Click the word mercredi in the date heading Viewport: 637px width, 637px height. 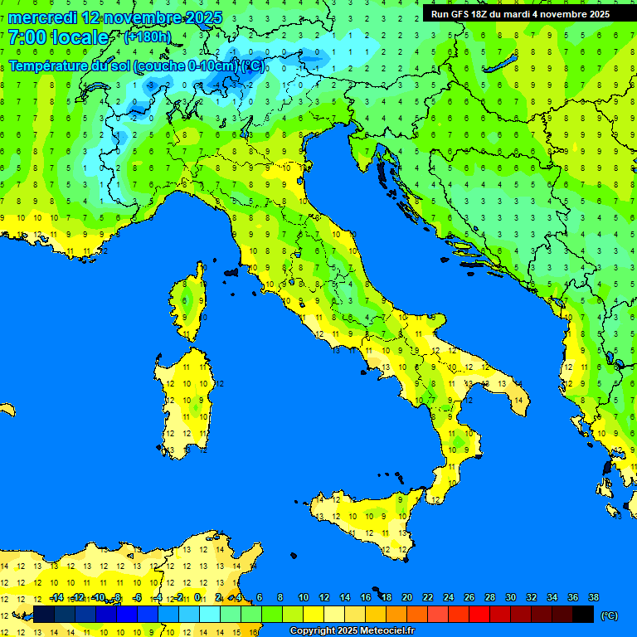click(41, 17)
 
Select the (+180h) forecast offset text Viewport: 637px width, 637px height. click(147, 36)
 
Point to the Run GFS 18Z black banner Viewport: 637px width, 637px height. click(520, 14)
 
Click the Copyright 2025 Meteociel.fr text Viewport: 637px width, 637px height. click(351, 630)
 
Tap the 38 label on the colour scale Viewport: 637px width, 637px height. click(593, 597)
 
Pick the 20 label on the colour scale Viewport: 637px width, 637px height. click(406, 597)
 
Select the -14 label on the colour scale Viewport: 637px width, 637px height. click(56, 597)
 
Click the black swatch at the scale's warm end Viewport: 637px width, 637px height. click(583, 614)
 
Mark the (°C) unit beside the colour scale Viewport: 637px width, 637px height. click(610, 615)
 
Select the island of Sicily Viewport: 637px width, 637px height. click(365, 518)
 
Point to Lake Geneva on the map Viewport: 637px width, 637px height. click(98, 85)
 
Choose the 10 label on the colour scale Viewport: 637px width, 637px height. click(303, 597)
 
